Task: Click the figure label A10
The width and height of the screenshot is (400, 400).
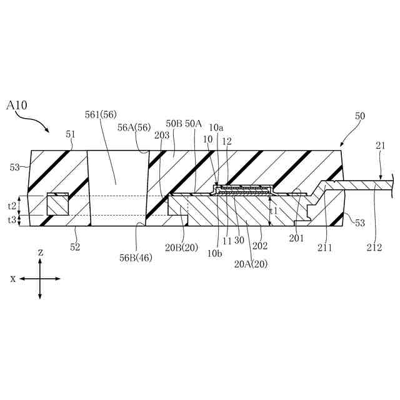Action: click(x=17, y=106)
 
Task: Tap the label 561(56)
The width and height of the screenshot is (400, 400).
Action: click(x=101, y=114)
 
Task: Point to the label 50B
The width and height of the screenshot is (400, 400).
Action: click(x=174, y=124)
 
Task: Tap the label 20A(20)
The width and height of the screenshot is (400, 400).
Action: click(x=251, y=263)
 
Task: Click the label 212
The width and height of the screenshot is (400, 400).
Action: click(x=374, y=247)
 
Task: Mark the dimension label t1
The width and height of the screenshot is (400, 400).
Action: click(x=273, y=211)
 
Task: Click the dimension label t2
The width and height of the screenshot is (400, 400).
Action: click(x=12, y=205)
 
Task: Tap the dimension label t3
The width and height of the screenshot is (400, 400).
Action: click(x=12, y=220)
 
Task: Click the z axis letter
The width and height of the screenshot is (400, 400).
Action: click(x=41, y=252)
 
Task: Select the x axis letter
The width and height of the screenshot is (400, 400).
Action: click(x=12, y=279)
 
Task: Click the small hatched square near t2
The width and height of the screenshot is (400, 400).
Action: click(x=57, y=204)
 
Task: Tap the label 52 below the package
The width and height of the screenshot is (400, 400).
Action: click(x=75, y=247)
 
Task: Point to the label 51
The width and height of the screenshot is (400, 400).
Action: click(x=69, y=133)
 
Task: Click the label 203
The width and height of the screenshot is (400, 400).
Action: click(x=161, y=134)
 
